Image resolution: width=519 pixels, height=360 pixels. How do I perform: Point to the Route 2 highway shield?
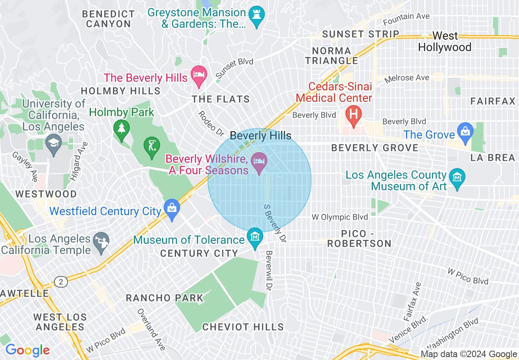pos(61,281)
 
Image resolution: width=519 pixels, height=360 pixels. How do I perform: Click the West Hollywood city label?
pos(445,42)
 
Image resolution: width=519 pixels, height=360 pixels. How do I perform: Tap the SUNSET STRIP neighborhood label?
pos(361,34)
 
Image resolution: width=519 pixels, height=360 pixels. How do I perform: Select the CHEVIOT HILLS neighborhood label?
pos(243,327)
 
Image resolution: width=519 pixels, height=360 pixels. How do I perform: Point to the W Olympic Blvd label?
pos(339,217)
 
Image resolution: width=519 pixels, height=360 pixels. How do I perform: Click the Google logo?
pos(27,350)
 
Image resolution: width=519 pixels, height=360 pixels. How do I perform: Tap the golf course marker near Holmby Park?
pos(151,146)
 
